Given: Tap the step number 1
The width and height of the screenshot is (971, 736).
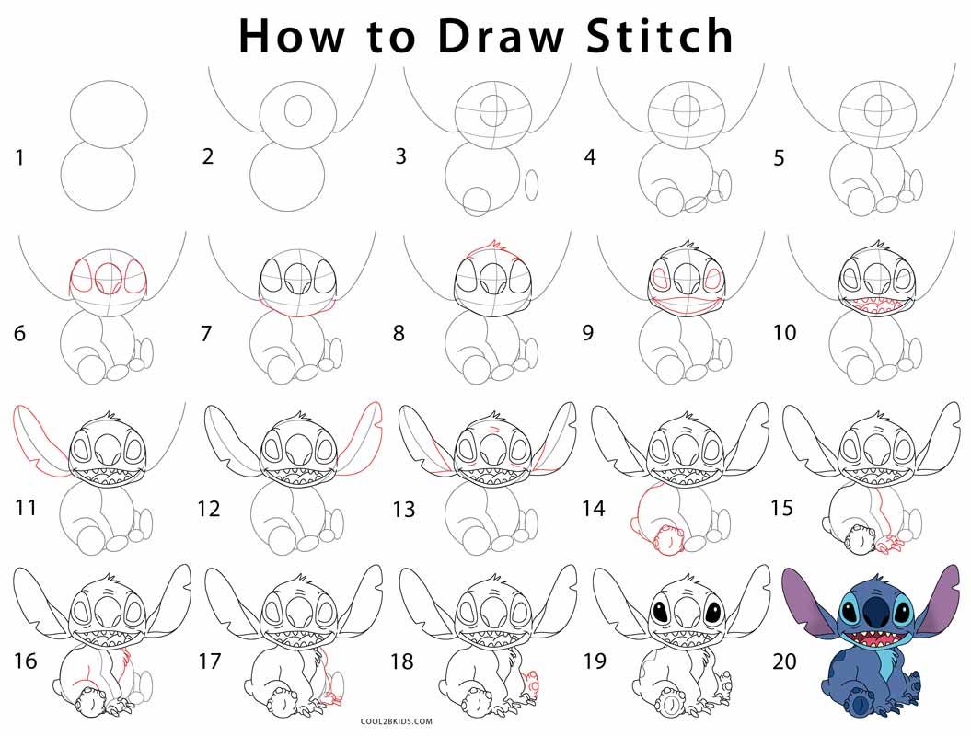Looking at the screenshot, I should pos(19,158).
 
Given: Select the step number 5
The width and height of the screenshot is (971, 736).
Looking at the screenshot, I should pos(779,158).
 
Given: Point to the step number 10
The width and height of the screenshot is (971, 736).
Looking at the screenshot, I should pos(784,332).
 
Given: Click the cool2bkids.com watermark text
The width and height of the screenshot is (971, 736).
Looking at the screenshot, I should pos(396,722).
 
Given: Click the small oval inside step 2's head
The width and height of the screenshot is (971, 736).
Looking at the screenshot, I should pos(297,110).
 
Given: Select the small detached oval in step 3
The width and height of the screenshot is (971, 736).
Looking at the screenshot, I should pos(531,185).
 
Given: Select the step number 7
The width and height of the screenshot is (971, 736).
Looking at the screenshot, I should pos(206,332).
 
